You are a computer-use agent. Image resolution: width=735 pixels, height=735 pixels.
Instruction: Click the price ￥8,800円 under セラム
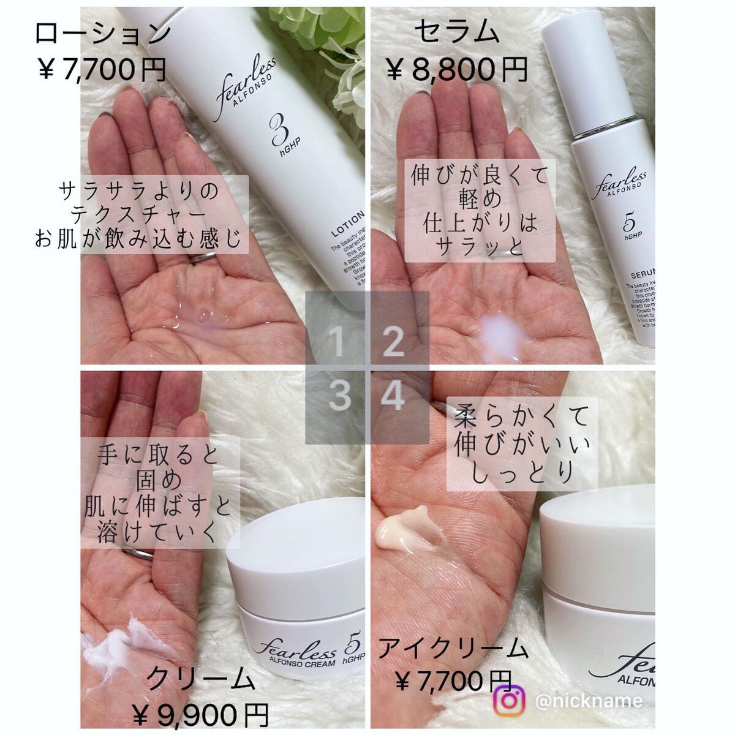tap(457, 69)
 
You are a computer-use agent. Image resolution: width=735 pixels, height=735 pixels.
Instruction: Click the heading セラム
tap(457, 31)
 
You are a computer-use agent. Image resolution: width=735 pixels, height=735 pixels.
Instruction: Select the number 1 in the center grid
tap(338, 342)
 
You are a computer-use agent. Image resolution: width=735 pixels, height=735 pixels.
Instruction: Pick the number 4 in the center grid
tap(393, 397)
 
